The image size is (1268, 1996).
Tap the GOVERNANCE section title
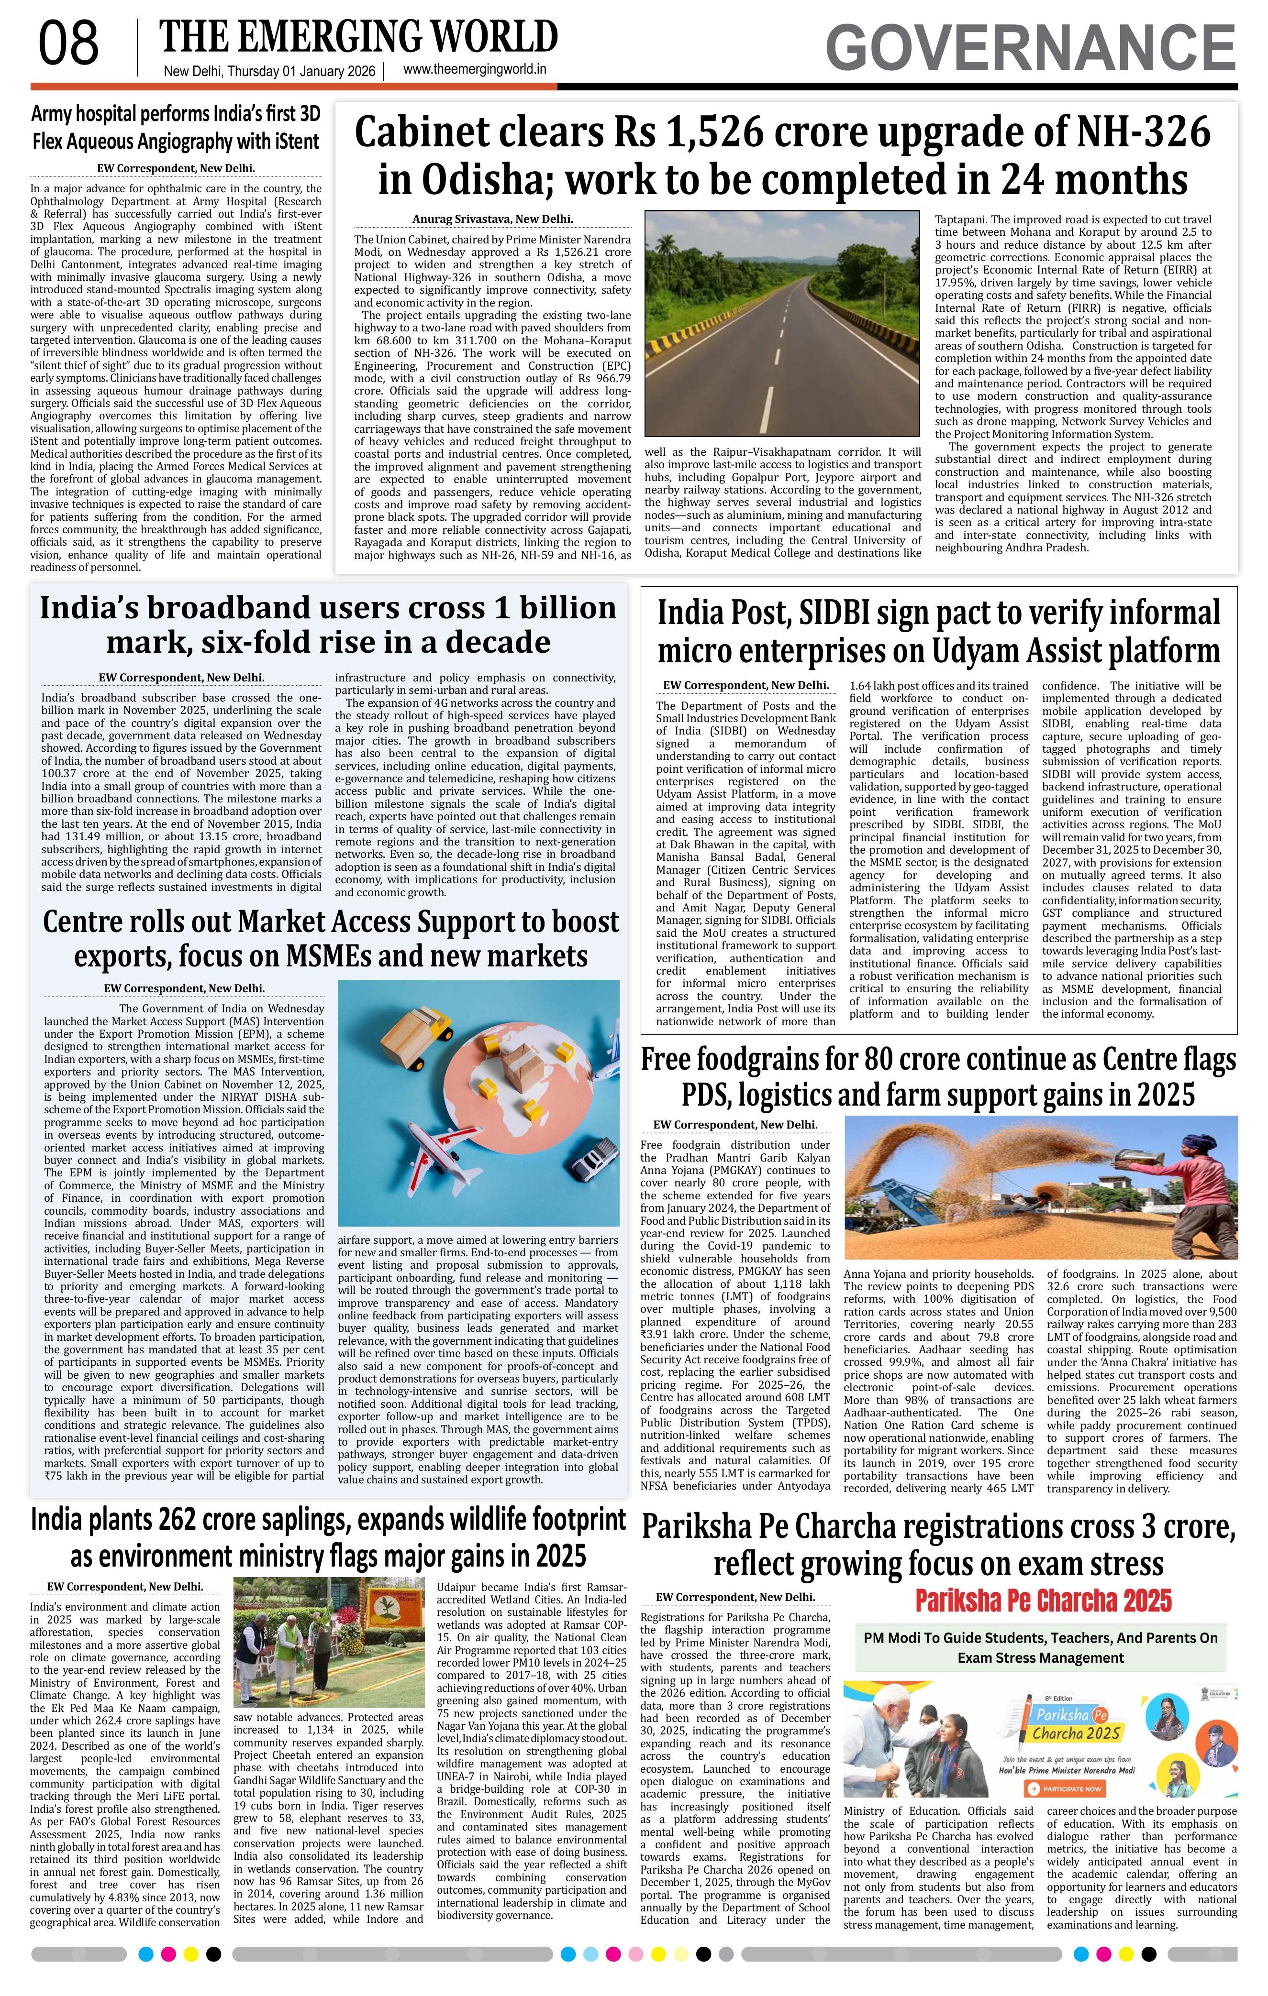click(x=1030, y=48)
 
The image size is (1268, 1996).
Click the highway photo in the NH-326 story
click(x=781, y=323)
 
